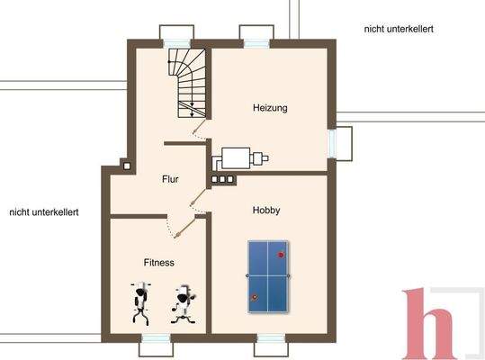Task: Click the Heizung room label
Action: pyautogui.click(x=270, y=108)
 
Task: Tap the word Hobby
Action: pyautogui.click(x=265, y=210)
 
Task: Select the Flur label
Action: pyautogui.click(x=170, y=178)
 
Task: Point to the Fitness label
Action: pyautogui.click(x=158, y=262)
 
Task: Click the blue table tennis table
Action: pyautogui.click(x=268, y=274)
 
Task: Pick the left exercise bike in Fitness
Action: pyautogui.click(x=140, y=303)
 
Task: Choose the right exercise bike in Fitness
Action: pyautogui.click(x=183, y=303)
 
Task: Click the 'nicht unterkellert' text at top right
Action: pyautogui.click(x=399, y=29)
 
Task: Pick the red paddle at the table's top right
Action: pyautogui.click(x=281, y=255)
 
